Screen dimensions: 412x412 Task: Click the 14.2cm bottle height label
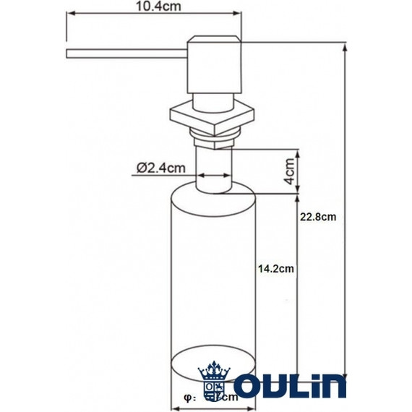coord(275,268)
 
